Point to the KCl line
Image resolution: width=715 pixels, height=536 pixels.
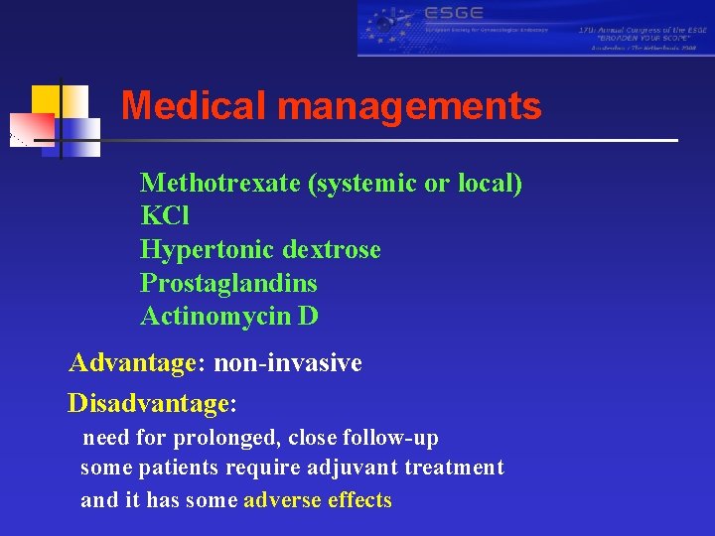pyautogui.click(x=165, y=216)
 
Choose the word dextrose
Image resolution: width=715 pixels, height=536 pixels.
pyautogui.click(x=332, y=250)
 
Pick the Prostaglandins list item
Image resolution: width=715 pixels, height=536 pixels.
pyautogui.click(x=228, y=284)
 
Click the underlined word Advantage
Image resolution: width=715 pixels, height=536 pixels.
pyautogui.click(x=132, y=364)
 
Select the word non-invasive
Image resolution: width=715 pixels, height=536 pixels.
pyautogui.click(x=288, y=364)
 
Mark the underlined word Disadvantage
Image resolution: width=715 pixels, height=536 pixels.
pyautogui.click(x=148, y=404)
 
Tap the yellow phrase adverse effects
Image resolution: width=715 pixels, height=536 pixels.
pyautogui.click(x=318, y=500)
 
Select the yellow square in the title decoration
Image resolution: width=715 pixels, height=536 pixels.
pyautogui.click(x=46, y=100)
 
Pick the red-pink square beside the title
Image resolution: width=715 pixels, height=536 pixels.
pyautogui.click(x=32, y=129)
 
